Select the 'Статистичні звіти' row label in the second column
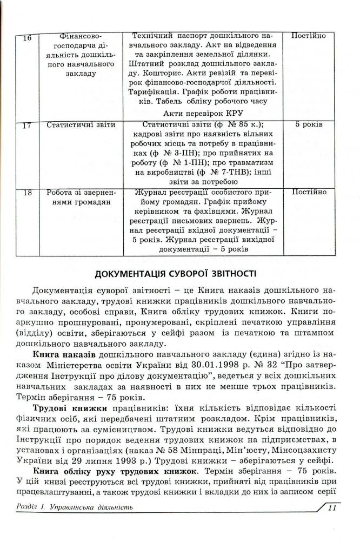81,124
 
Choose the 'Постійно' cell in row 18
309,192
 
